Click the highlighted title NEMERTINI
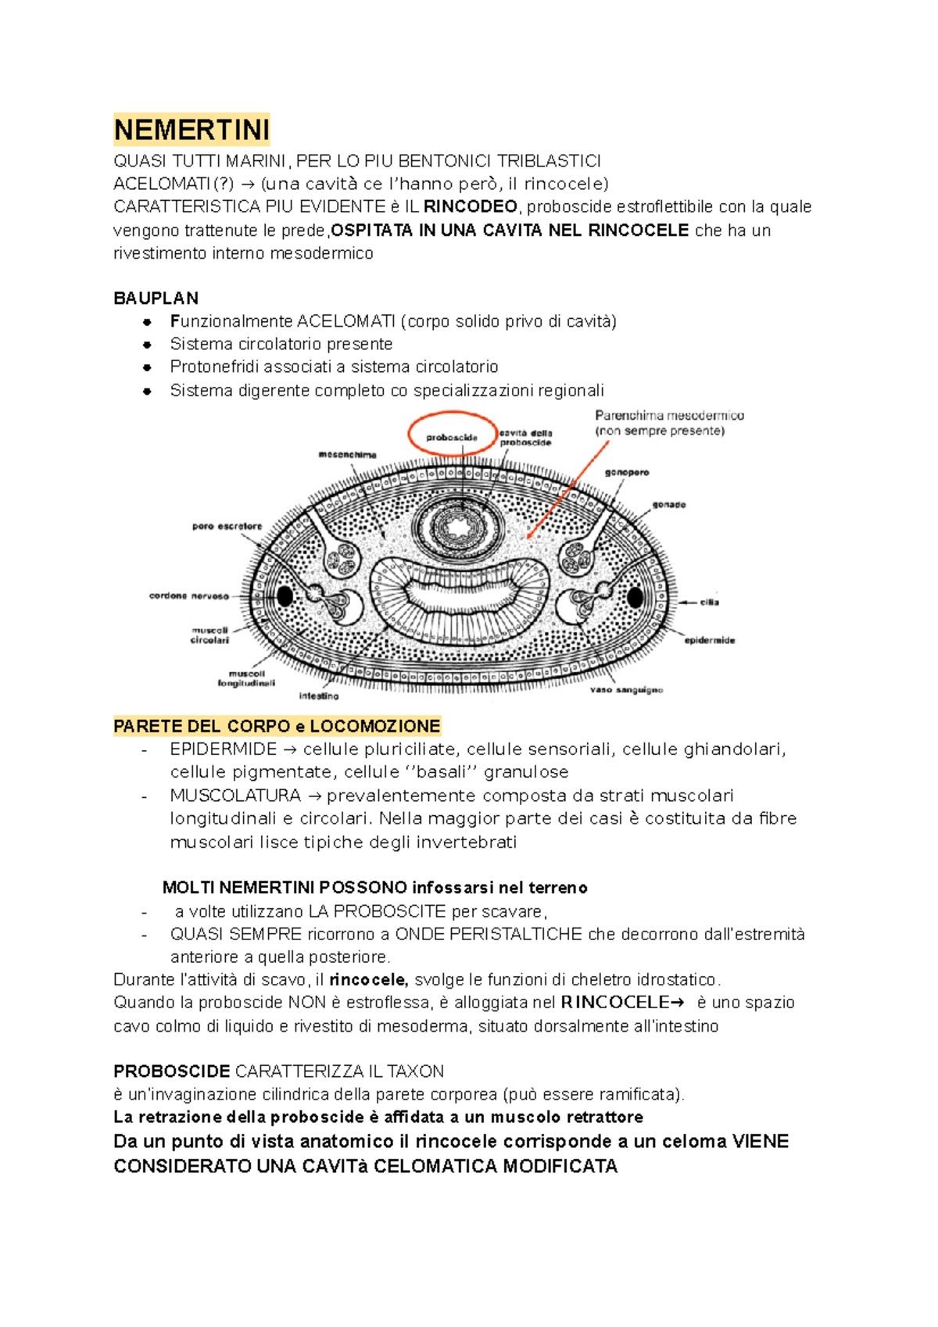(192, 130)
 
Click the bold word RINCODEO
(470, 207)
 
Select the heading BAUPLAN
(156, 299)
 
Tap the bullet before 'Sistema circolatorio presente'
(146, 345)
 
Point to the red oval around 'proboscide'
(453, 434)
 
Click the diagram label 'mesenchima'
(347, 455)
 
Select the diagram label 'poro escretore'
(227, 527)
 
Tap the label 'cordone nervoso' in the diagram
(189, 596)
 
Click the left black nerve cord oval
(285, 596)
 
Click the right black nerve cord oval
(635, 598)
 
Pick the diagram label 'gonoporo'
(626, 473)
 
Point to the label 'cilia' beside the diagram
(709, 603)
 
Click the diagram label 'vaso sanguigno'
(626, 690)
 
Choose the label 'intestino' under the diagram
(319, 696)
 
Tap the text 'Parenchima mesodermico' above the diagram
(669, 416)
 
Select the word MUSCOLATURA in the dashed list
(235, 796)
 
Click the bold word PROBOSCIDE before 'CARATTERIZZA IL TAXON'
(171, 1071)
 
